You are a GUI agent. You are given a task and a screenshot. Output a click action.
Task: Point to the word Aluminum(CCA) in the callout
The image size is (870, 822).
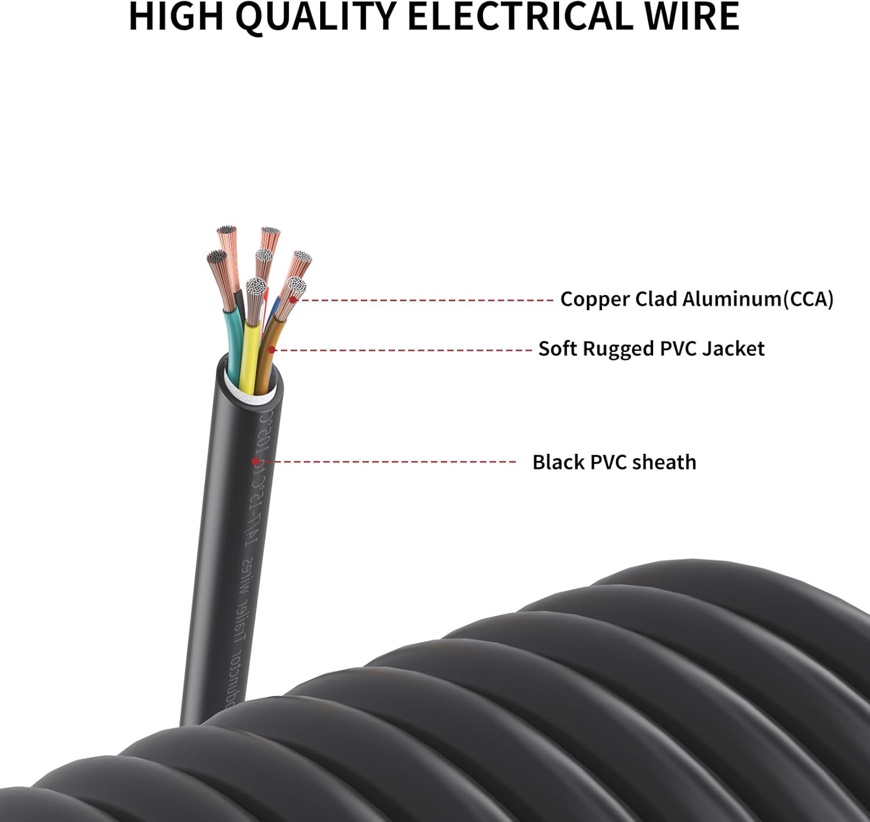click(757, 299)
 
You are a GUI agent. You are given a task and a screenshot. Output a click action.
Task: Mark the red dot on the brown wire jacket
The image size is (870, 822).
click(271, 350)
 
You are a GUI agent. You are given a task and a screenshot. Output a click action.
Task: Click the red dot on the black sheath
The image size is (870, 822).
click(255, 461)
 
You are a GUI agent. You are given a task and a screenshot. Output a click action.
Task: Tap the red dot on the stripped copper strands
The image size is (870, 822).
click(293, 300)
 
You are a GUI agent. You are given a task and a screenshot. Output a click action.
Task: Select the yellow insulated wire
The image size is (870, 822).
click(251, 354)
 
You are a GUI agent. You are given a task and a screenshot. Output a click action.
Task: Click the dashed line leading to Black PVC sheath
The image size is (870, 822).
click(394, 462)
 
